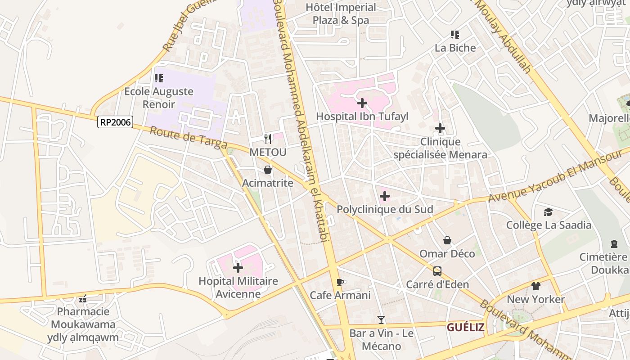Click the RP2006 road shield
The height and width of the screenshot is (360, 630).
[115, 122]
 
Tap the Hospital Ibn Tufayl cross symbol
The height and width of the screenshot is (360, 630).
[362, 103]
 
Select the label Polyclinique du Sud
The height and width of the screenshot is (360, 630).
[385, 209]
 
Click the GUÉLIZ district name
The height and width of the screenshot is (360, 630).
[465, 327]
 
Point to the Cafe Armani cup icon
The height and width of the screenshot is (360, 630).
[340, 282]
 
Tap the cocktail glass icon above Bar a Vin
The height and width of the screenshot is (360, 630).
[381, 320]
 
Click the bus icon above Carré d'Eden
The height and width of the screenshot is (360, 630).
[437, 271]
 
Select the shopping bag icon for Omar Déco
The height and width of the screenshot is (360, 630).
[447, 240]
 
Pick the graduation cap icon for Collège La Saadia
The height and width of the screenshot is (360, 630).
[548, 212]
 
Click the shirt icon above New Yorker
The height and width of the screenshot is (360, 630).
[535, 286]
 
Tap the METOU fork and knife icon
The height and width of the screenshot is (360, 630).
[268, 139]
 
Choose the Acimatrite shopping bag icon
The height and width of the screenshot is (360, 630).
[268, 170]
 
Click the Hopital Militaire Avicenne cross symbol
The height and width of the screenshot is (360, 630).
[238, 268]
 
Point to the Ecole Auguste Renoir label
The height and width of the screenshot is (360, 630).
[159, 98]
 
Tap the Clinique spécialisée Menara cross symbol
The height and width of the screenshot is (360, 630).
[440, 129]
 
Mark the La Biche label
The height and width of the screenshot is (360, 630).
[455, 48]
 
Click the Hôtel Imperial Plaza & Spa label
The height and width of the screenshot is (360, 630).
[341, 13]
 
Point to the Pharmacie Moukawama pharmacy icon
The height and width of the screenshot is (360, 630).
[83, 299]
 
